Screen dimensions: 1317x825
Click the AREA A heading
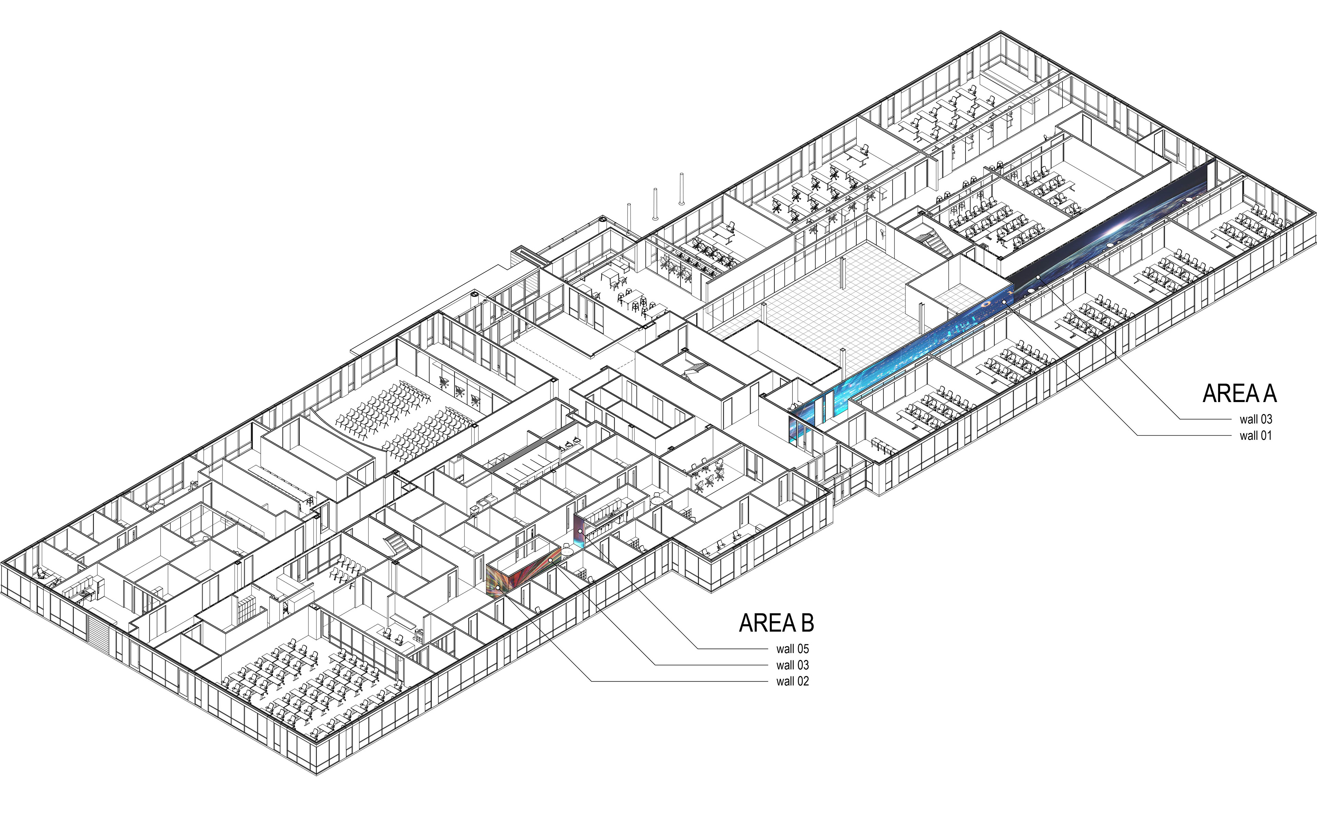click(1239, 394)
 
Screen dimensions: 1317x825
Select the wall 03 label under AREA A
click(1255, 419)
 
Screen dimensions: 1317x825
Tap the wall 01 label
click(1255, 435)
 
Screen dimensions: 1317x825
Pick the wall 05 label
click(792, 649)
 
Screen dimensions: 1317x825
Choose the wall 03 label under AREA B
click(792, 665)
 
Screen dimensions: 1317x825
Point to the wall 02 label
click(792, 681)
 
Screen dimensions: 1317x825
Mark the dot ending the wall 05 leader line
click(580, 530)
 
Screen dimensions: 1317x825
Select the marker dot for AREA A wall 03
click(1038, 278)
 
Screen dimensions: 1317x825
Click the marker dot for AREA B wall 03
click(550, 561)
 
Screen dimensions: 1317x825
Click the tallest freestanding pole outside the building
click(681, 189)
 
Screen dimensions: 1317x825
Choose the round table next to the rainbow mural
click(567, 552)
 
